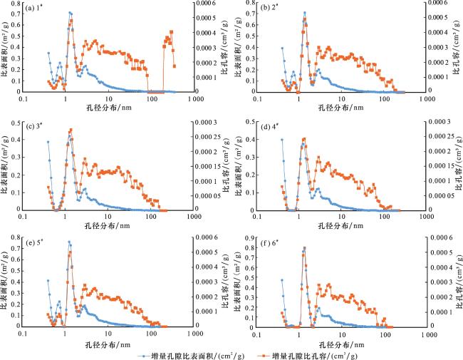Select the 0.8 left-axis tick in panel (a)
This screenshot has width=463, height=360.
(x=16, y=3)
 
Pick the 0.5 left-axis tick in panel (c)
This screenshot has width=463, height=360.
(x=16, y=122)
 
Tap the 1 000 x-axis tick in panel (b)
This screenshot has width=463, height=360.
(x=426, y=100)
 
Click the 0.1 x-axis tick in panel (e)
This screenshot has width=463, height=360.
(x=24, y=334)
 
